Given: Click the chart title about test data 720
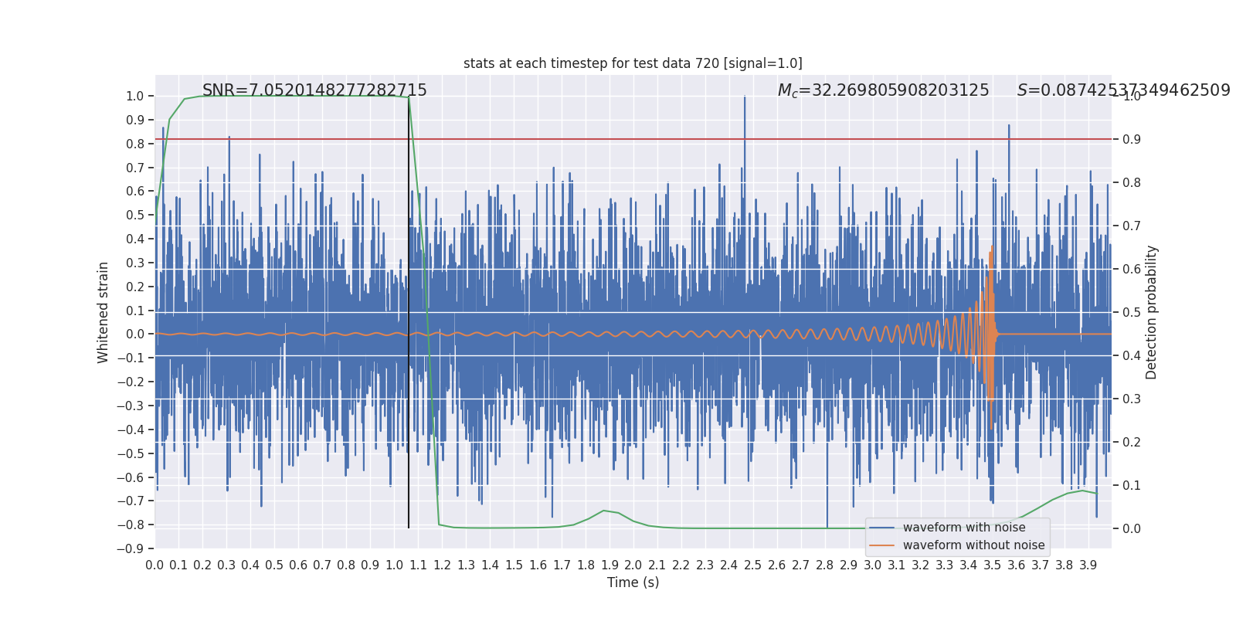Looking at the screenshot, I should tap(633, 63).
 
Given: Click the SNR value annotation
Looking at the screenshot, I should tap(314, 90).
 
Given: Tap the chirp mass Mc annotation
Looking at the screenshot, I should tap(883, 90).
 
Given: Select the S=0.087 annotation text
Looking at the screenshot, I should tap(1123, 90).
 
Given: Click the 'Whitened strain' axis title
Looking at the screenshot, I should tap(104, 312).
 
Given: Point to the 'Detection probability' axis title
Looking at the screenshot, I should tap(1152, 312).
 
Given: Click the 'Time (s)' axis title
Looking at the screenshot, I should tap(633, 582).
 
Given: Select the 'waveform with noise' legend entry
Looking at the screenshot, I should tap(963, 528).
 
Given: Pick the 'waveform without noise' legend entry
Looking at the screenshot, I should tap(973, 545).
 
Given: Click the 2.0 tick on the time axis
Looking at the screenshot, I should tap(633, 565).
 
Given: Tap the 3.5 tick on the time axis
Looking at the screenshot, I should tap(993, 565).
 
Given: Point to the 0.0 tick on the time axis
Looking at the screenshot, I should tap(154, 565).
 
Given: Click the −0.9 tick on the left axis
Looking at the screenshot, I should tap(134, 548).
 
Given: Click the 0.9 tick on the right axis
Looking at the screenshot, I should tap(1132, 139).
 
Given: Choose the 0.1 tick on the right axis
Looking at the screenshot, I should tap(1132, 485).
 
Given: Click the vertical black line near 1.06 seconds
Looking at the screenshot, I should tap(409, 309).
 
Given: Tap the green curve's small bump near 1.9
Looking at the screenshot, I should tap(605, 511).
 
